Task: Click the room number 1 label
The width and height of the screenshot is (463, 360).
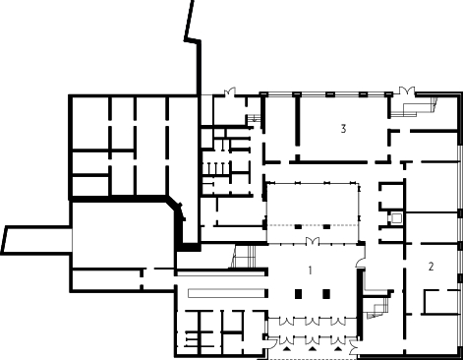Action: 310,270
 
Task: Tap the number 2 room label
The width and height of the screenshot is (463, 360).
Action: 431,267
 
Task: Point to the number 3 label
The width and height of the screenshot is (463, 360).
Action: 343,129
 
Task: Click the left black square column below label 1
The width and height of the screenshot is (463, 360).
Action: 298,294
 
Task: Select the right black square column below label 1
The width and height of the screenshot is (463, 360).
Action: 326,294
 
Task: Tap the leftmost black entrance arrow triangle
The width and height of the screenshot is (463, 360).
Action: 287,348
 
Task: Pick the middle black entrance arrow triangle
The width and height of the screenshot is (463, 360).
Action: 313,348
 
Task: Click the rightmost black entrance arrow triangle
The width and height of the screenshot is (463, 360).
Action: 338,348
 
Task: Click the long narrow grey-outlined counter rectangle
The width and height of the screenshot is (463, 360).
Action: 226,293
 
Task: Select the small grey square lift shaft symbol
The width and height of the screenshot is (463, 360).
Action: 396,218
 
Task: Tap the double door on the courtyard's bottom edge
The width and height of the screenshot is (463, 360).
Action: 313,241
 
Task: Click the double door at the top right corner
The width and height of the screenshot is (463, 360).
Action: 407,90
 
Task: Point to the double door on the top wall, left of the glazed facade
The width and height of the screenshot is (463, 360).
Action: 230,91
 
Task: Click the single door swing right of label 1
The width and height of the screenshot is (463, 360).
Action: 361,263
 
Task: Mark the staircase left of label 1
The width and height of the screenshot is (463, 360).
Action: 243,257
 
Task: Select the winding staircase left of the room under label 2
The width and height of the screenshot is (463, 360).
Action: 377,307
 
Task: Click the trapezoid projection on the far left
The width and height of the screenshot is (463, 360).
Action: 36,240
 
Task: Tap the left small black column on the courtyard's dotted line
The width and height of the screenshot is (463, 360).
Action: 298,226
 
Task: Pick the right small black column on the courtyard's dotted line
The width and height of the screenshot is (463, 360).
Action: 326,226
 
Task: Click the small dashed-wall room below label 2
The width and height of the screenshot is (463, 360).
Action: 440,302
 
